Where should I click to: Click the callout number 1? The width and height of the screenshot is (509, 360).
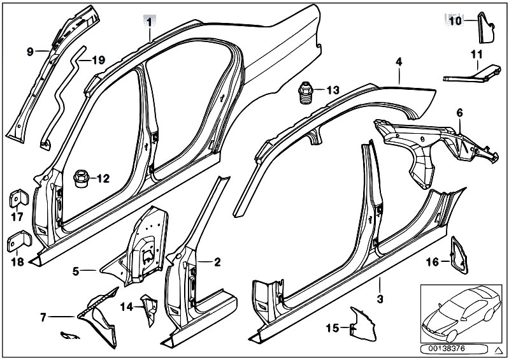(149, 21)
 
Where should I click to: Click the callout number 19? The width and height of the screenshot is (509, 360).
(97, 61)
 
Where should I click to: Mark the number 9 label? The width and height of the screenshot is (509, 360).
(29, 52)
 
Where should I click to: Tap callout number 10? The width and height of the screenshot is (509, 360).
(454, 21)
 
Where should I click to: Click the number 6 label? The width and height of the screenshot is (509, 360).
(459, 113)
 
